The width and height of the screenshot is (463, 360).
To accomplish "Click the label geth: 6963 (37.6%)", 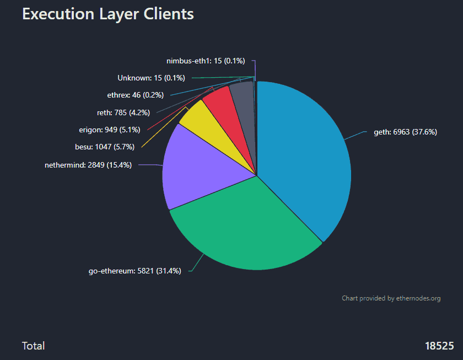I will pos(405,132).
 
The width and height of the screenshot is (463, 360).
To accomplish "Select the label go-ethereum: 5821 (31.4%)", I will pos(134,271).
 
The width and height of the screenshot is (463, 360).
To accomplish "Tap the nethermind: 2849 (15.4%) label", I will pos(88,164).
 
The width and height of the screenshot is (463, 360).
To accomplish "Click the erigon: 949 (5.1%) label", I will pos(110,130).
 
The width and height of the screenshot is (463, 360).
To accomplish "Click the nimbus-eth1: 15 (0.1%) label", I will pos(205,61).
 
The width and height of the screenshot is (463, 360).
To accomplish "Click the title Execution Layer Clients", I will pos(108,14).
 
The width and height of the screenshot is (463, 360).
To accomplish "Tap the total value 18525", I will pos(439,346).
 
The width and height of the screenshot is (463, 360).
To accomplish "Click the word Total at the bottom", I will pos(33,346).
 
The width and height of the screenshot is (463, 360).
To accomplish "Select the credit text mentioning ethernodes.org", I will pos(391,298).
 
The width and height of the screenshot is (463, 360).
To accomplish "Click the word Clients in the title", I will pos(169,14).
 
